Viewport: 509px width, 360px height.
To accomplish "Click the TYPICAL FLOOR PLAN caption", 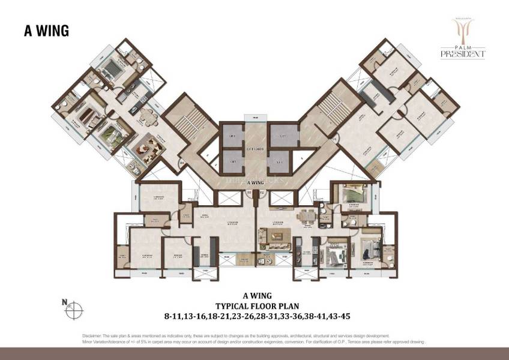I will [x=254, y=304].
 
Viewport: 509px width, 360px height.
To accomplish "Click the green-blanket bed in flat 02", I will [x=349, y=196].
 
